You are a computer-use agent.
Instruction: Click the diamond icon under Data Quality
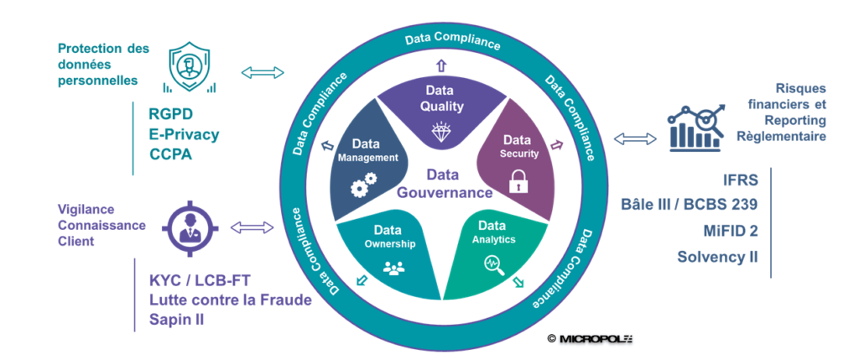tap(440, 132)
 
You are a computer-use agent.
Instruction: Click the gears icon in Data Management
tap(362, 185)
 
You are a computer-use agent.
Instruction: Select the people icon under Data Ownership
tap(393, 269)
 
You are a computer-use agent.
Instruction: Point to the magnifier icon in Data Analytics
tap(492, 263)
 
